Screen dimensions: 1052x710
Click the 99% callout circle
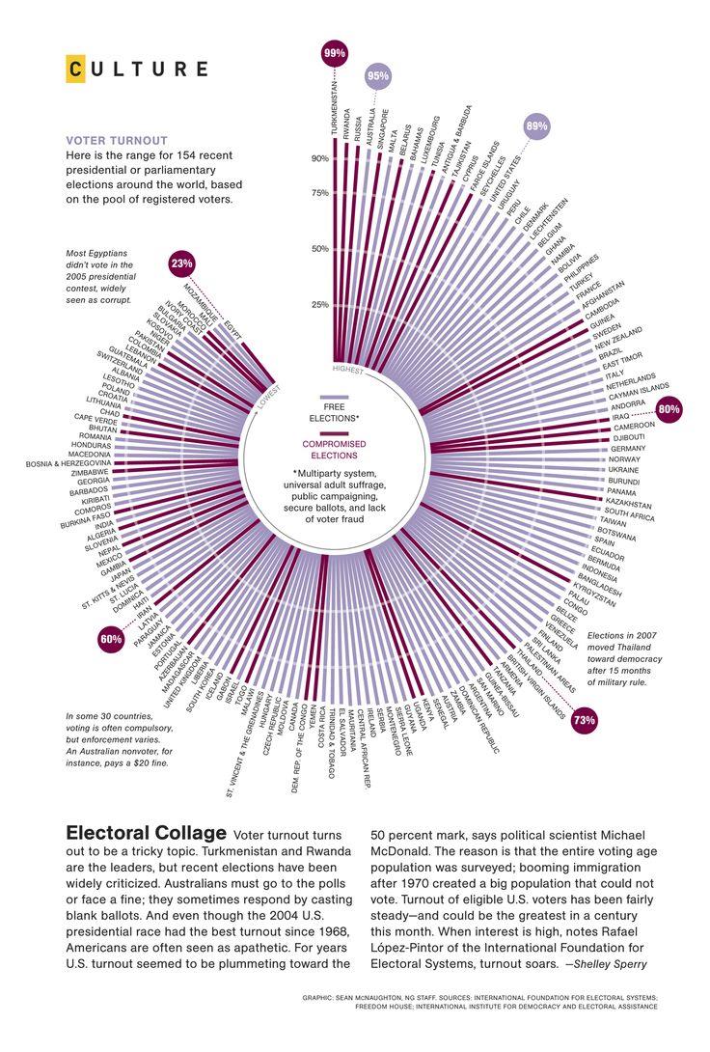[x=335, y=54]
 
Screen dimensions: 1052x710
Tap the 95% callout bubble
[x=378, y=76]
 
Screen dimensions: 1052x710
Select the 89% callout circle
[x=536, y=126]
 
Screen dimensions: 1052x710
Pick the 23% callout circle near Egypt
[x=181, y=263]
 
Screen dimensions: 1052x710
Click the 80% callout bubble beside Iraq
[x=669, y=409]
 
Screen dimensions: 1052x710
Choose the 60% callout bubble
[x=111, y=639]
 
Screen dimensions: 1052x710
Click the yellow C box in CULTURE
[x=75, y=69]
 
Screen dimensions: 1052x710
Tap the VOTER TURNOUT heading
[x=117, y=140]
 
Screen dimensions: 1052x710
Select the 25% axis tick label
[x=320, y=306]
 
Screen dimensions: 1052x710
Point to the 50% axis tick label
[x=320, y=249]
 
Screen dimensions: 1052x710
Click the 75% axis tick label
[x=320, y=193]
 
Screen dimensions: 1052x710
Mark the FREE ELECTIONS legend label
[x=334, y=412]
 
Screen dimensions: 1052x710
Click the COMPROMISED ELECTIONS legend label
[x=334, y=449]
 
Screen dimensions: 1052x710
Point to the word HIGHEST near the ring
[x=347, y=370]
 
